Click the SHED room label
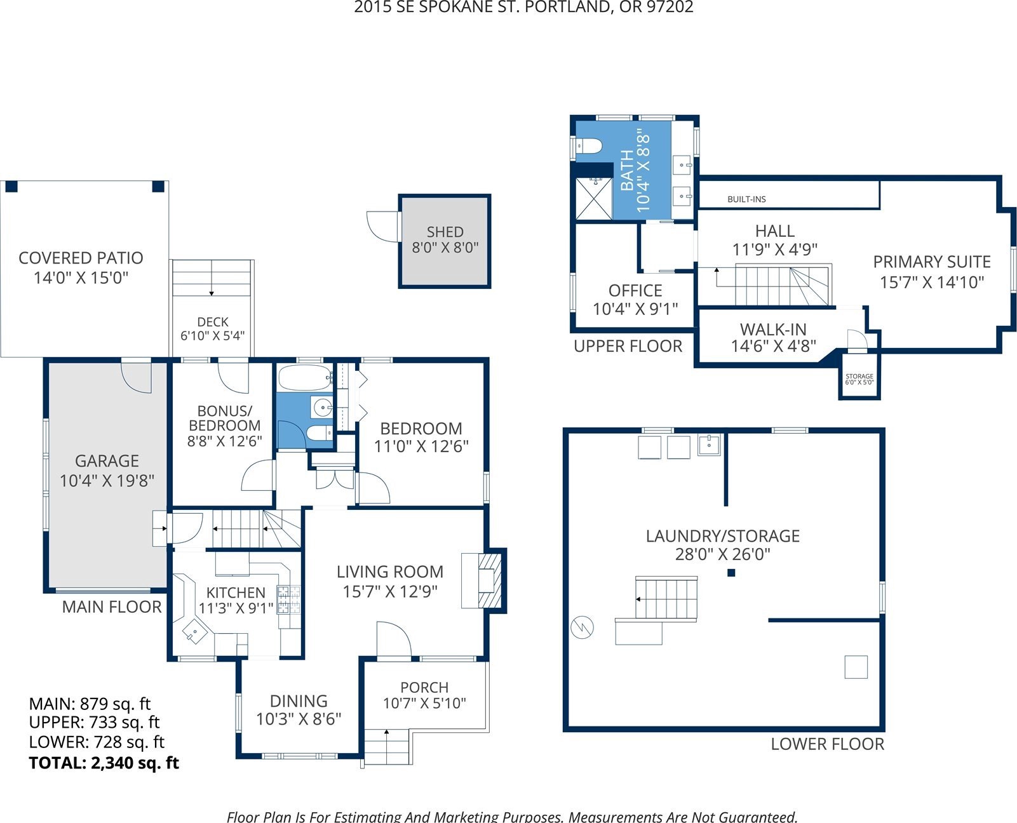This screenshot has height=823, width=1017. (445, 232)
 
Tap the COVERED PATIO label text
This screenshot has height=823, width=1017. (81, 258)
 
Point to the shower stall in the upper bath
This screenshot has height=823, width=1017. (593, 199)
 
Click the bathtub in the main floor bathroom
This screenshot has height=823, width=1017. (305, 378)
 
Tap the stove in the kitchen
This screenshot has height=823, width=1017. (289, 599)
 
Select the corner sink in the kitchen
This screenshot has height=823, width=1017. (194, 632)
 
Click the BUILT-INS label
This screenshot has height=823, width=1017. (746, 199)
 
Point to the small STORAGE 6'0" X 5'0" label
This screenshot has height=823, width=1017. (859, 379)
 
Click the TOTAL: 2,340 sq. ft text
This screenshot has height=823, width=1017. (104, 763)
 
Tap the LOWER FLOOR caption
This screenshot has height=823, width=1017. (828, 744)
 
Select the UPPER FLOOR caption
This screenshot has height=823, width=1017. (628, 346)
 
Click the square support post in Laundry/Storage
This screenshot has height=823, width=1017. (731, 573)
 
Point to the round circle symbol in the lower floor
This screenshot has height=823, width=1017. (582, 627)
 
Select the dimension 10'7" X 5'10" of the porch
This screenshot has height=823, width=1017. (424, 703)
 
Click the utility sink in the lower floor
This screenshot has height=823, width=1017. (709, 445)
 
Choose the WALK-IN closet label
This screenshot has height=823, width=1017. (773, 330)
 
